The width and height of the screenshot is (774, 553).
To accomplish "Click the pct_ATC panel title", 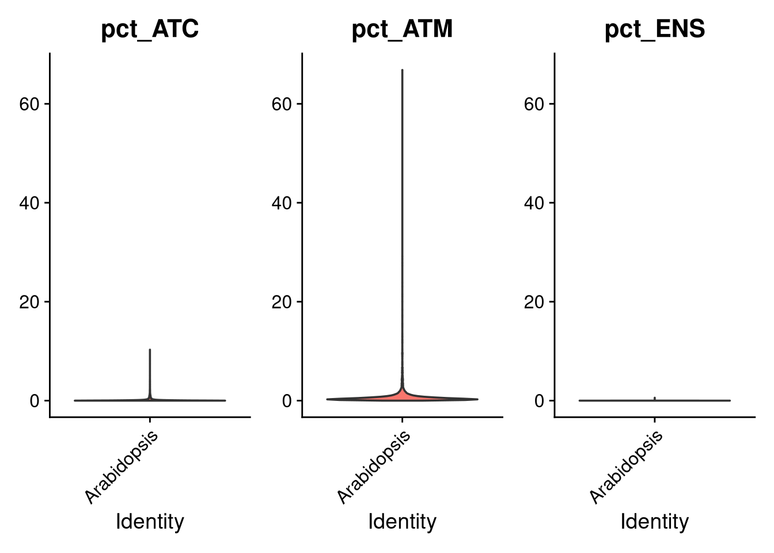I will click(x=150, y=29).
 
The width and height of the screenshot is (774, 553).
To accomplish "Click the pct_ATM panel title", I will click(x=402, y=29).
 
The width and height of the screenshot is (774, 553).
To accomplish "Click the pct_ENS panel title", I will click(x=655, y=29).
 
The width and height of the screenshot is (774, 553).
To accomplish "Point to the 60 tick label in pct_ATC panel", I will click(x=29, y=104).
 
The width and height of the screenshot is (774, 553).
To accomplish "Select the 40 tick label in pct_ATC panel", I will click(x=29, y=203).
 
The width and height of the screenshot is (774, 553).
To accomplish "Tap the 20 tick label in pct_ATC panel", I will click(x=29, y=302).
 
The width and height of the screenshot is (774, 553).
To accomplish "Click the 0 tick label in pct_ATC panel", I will click(x=35, y=401).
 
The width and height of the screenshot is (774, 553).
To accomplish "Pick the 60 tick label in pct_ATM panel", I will click(x=282, y=104).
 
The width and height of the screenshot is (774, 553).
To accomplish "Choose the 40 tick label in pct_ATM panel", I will click(x=282, y=203).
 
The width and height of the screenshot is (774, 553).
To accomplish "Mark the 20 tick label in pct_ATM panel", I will click(x=282, y=302).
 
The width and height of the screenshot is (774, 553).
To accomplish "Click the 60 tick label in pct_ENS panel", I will click(x=534, y=104).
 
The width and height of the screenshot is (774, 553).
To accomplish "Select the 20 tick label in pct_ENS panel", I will click(x=534, y=302).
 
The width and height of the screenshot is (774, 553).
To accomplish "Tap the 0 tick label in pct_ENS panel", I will click(x=540, y=401).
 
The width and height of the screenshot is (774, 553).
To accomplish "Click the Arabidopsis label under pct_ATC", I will click(x=122, y=468).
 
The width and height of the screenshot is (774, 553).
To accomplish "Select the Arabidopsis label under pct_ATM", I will click(x=374, y=468).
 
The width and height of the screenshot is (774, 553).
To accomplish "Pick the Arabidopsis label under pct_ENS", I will click(x=627, y=468).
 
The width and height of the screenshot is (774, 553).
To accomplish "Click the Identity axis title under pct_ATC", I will click(x=150, y=522).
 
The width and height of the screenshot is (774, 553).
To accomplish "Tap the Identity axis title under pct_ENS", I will click(x=655, y=522).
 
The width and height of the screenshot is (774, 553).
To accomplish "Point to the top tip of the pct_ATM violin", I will click(x=402, y=70).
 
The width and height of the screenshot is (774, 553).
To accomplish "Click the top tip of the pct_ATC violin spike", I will click(x=150, y=350).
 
